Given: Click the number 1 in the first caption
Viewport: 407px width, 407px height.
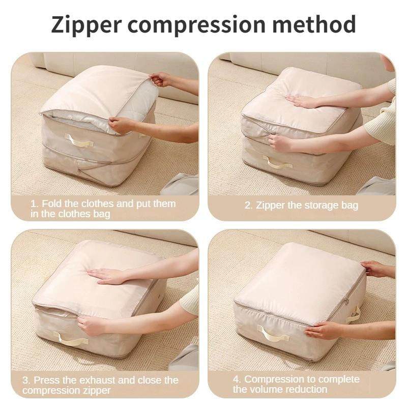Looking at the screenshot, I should tap(34, 203).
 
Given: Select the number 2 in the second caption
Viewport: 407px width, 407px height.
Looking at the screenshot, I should tap(248, 206).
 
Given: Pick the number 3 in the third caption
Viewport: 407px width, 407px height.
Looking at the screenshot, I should tap(25, 380).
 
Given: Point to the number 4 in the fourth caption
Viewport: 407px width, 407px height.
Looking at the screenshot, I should tap(237, 379).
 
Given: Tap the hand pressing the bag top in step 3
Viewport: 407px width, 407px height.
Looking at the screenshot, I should tap(106, 276).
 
